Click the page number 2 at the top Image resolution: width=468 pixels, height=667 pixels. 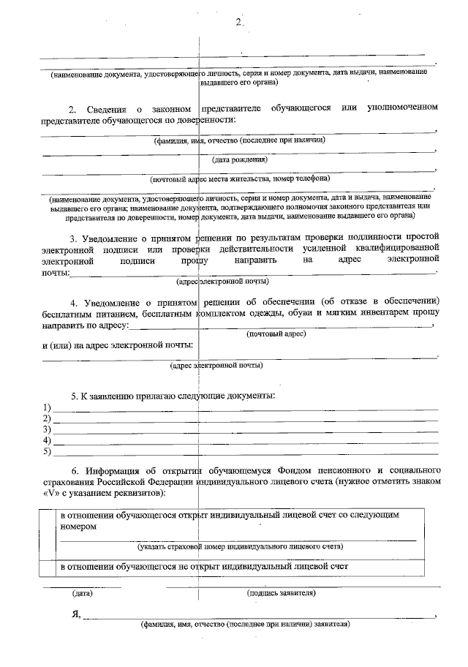click(238, 22)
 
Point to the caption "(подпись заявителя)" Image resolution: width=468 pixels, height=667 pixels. click(282, 593)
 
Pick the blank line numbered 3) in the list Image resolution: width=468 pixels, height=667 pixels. click(245, 431)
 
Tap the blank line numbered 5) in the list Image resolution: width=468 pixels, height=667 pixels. click(245, 453)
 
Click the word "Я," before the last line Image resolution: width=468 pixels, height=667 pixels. click(75, 613)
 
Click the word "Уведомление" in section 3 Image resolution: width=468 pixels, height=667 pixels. click(118, 237)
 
